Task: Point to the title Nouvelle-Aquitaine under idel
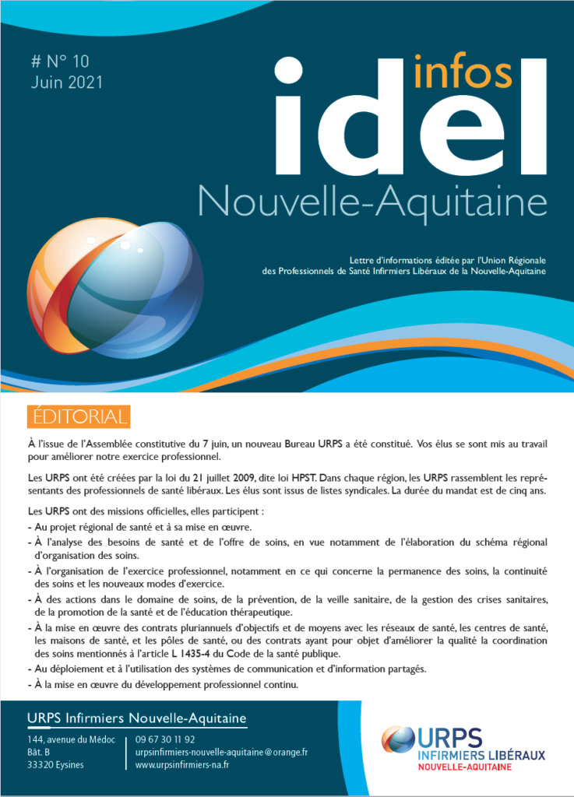click(372, 202)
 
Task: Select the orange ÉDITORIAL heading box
click(78, 417)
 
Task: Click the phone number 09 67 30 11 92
click(165, 739)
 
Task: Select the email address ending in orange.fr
click(222, 752)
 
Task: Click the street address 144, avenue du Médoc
click(71, 739)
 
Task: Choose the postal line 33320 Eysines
click(55, 765)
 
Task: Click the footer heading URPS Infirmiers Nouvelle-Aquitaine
click(136, 717)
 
